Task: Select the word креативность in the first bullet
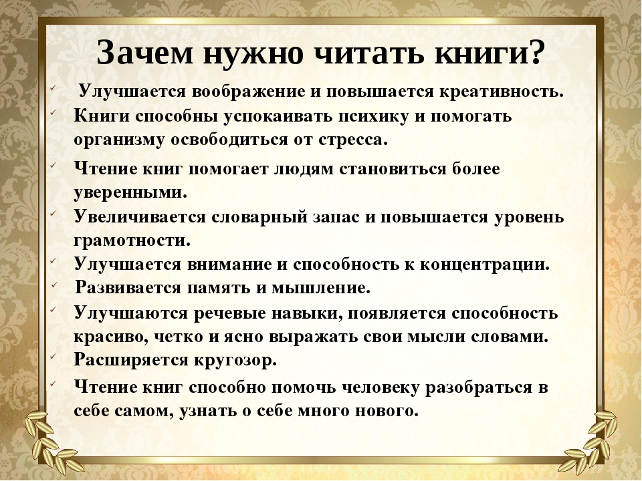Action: pyautogui.click(x=502, y=91)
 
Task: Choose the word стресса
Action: pyautogui.click(x=352, y=140)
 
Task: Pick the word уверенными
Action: pyautogui.click(x=130, y=192)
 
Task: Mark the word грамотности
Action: pyautogui.click(x=132, y=240)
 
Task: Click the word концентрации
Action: pyautogui.click(x=485, y=265)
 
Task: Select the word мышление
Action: pyautogui.click(x=321, y=288)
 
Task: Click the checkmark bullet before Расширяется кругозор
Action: pyautogui.click(x=53, y=356)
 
